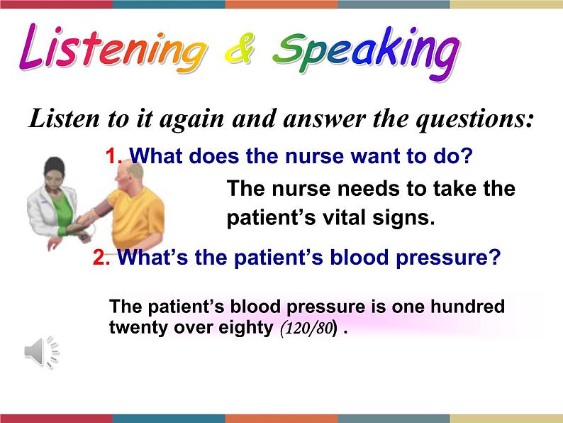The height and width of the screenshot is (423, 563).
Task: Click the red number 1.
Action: pos(113,156)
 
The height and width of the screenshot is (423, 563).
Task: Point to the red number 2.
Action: pos(100,258)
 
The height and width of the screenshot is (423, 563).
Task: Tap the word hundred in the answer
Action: pos(467,307)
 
